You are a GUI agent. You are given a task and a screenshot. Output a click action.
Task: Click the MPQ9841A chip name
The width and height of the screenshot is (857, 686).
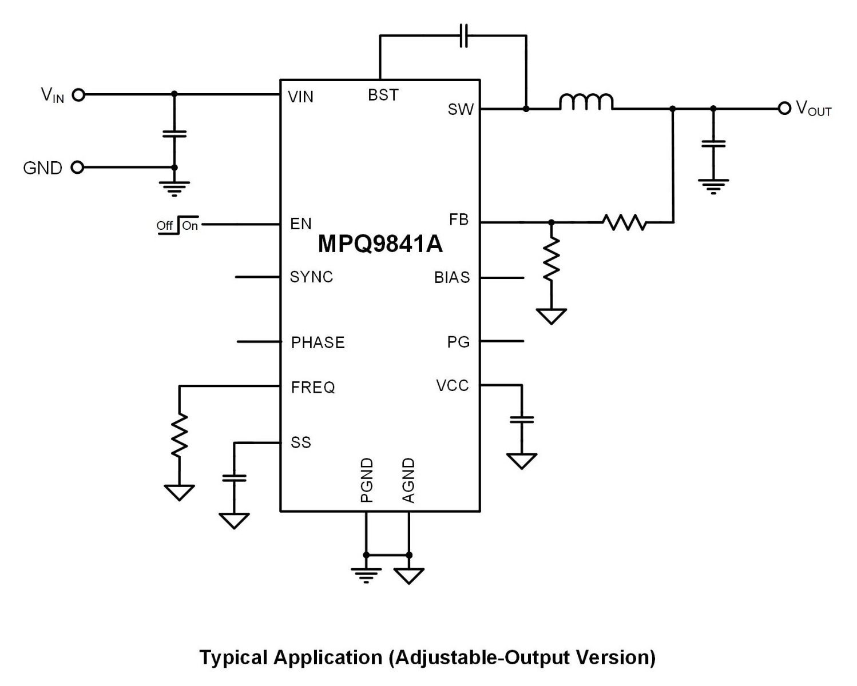(380, 244)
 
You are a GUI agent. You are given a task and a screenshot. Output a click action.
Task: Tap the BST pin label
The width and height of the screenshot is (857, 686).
(383, 95)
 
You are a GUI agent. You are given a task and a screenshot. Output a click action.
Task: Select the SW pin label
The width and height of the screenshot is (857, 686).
(461, 109)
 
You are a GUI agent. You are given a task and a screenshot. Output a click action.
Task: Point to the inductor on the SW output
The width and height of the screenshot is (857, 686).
(586, 102)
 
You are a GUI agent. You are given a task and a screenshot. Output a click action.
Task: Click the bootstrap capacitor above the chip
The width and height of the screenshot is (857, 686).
(464, 35)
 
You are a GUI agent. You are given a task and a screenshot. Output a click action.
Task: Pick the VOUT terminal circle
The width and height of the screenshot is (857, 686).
(784, 108)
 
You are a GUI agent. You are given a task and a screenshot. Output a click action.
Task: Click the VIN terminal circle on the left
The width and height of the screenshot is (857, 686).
(79, 95)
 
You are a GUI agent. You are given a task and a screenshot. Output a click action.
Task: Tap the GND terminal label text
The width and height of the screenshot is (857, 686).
(42, 168)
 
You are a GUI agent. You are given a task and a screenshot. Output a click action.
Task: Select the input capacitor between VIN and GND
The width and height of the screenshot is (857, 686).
(174, 134)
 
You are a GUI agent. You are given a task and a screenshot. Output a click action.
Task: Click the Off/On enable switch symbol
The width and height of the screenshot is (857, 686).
(177, 225)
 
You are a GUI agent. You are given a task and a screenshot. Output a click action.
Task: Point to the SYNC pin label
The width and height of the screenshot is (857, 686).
(311, 277)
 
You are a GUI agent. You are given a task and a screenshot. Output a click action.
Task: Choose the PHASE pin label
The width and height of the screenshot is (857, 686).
(318, 342)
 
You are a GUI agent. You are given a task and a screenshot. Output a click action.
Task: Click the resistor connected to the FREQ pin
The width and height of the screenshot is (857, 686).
(179, 436)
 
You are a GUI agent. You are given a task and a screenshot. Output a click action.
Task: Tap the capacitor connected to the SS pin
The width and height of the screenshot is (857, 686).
(233, 477)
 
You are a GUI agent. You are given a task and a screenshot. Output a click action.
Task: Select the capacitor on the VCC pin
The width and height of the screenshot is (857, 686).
(521, 420)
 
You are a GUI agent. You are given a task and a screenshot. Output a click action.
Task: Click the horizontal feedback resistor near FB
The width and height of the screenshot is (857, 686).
(624, 222)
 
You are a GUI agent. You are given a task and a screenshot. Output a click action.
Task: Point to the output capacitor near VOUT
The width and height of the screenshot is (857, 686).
(713, 143)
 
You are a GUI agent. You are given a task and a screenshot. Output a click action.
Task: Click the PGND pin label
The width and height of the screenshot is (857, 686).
(367, 480)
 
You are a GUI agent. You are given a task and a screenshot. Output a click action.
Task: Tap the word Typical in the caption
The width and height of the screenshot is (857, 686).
(233, 657)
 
